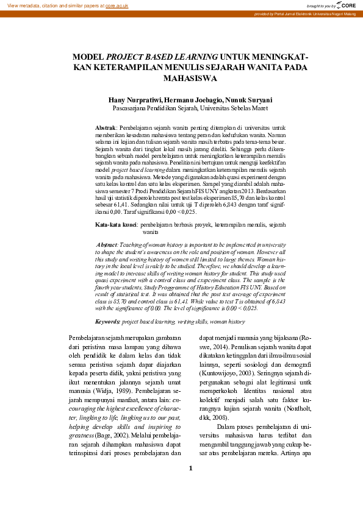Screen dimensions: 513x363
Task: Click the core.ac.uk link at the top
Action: (x=117, y=5)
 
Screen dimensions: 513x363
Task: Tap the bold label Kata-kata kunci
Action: (x=116, y=225)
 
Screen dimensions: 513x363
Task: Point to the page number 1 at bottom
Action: (x=190, y=486)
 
